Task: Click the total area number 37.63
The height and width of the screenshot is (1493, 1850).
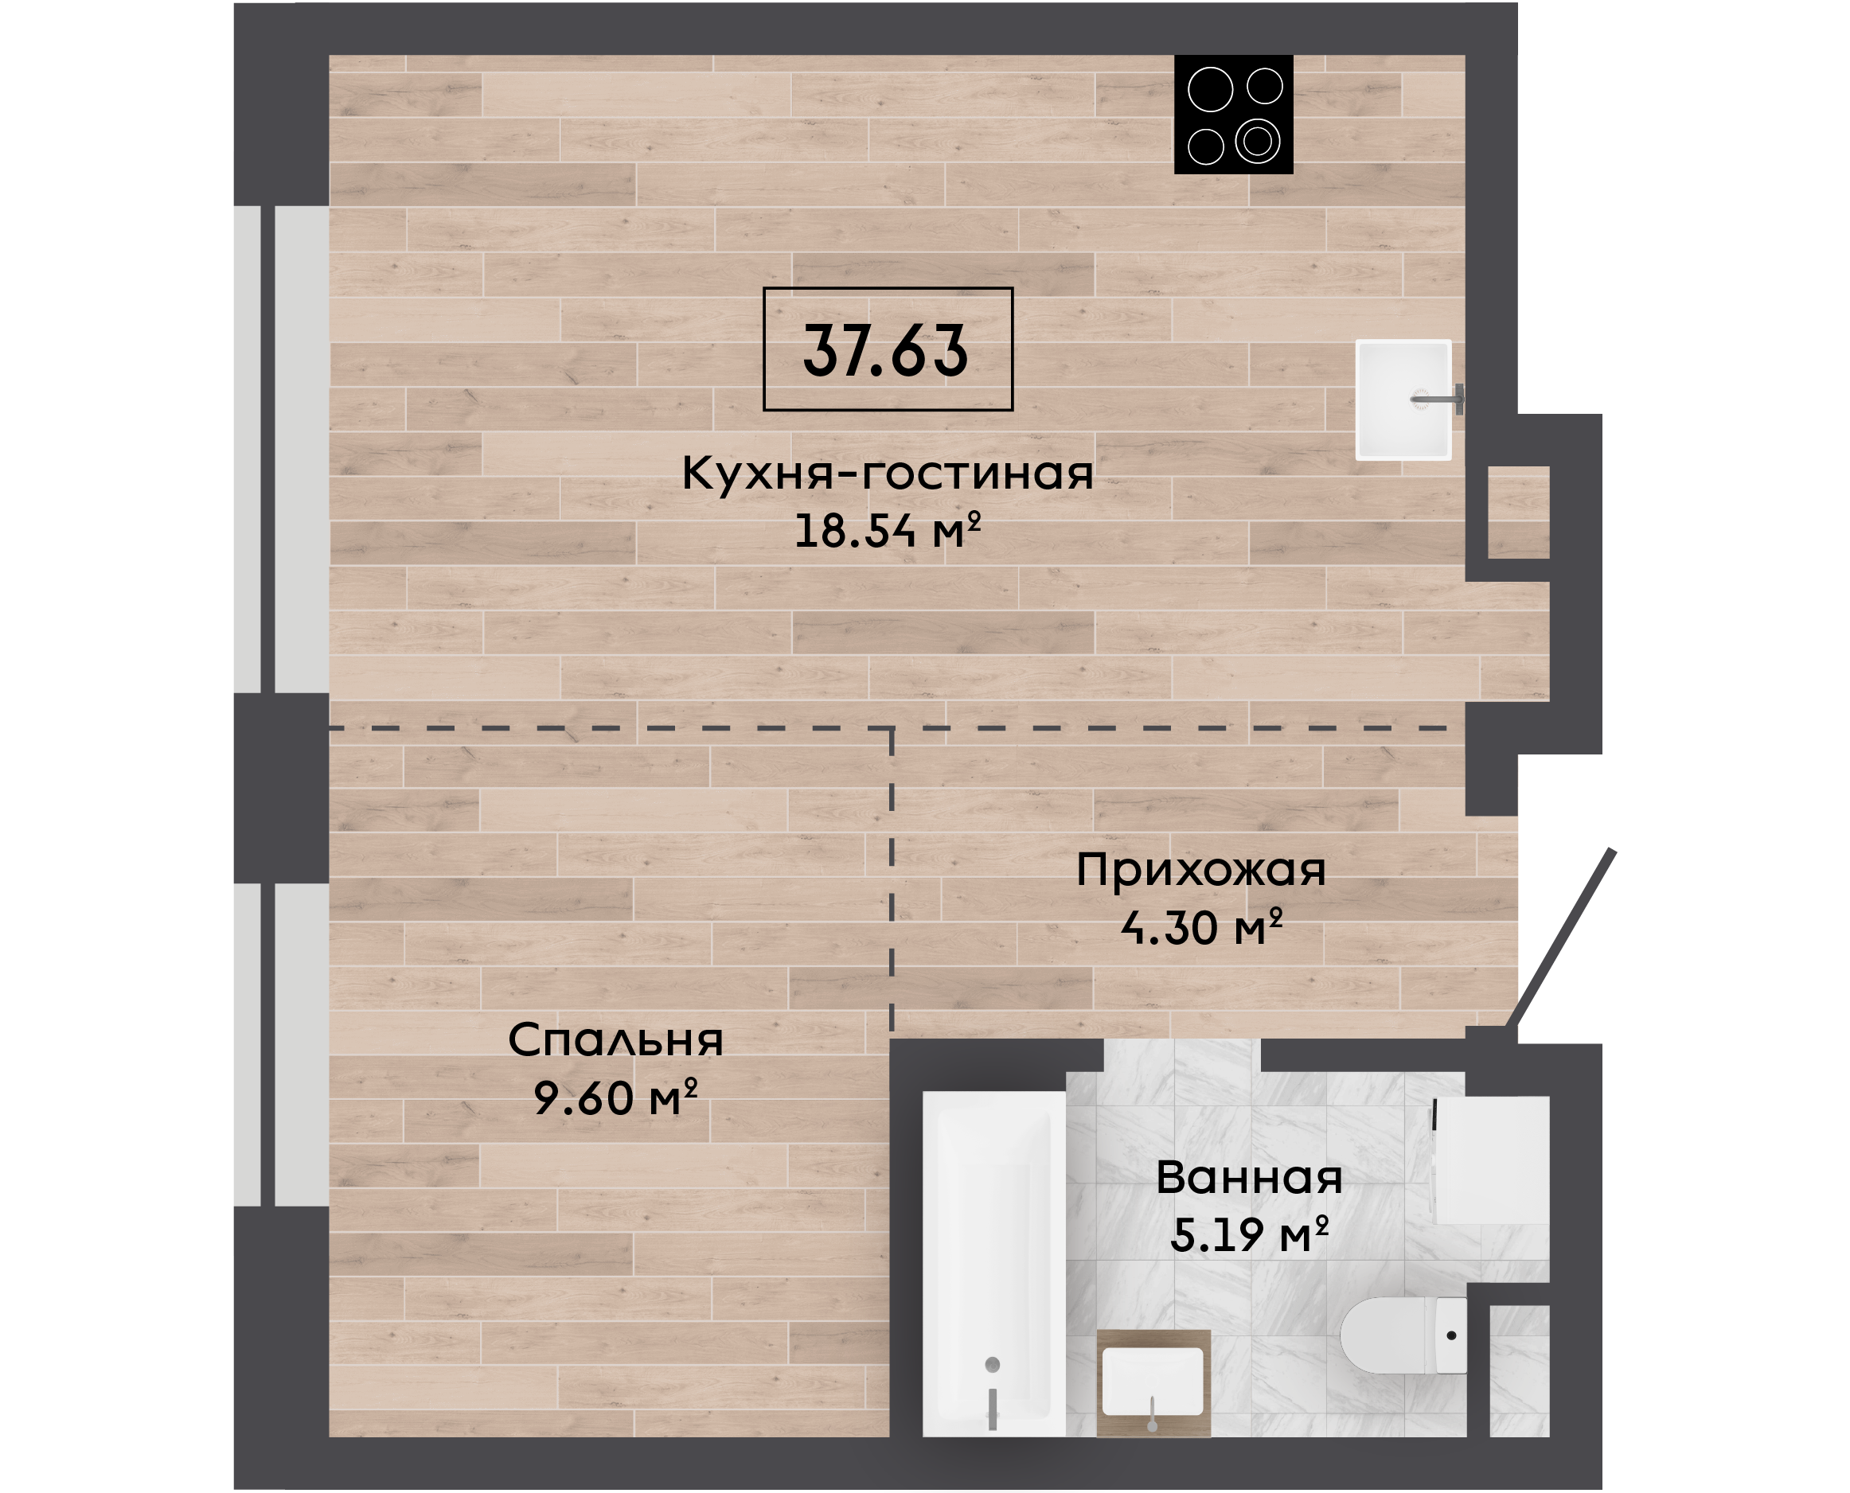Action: coord(886,350)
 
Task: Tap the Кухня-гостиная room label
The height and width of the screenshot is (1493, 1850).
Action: coord(888,472)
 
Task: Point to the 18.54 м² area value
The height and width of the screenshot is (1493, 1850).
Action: coord(888,530)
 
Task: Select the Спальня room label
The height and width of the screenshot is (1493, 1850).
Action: coord(616,1041)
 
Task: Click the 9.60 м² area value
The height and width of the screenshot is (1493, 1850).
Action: coord(616,1097)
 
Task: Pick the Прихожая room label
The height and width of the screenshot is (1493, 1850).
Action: coord(1200,871)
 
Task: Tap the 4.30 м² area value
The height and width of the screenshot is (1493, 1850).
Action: coord(1201,927)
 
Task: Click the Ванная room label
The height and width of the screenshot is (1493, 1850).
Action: coord(1249,1177)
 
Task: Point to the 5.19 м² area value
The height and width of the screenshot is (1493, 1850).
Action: coord(1250,1234)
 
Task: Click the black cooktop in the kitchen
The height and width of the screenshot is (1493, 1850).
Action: coord(1233,115)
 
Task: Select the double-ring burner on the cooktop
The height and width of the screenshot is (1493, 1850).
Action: coord(1258,141)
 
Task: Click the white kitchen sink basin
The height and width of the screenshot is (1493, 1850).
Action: coord(1403,400)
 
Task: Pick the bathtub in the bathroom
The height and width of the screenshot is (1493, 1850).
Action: coord(993,1265)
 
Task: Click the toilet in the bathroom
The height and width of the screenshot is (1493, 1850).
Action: coord(1403,1335)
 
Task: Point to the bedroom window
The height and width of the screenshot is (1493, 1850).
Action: coord(281,1045)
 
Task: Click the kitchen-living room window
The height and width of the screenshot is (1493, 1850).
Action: coord(281,449)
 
